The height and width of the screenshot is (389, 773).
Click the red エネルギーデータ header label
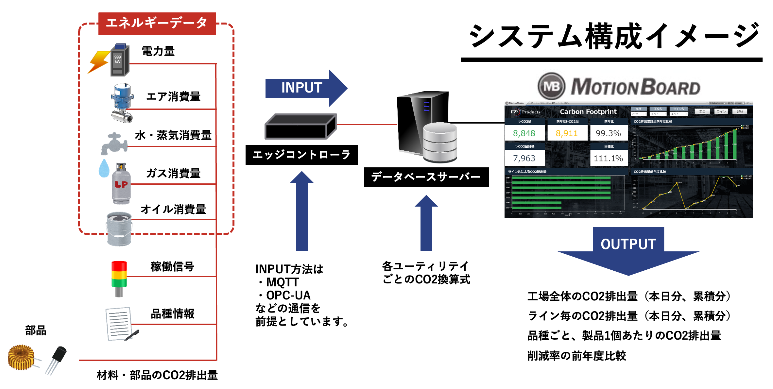pyautogui.click(x=157, y=24)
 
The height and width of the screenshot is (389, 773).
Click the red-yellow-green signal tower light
pyautogui.click(x=119, y=278)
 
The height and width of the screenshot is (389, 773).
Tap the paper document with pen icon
pyautogui.click(x=120, y=324)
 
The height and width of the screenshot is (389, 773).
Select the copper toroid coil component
pyautogui.click(x=22, y=357)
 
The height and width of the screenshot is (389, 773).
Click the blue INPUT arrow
pyautogui.click(x=304, y=88)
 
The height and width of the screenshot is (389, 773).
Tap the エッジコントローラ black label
pyautogui.click(x=301, y=155)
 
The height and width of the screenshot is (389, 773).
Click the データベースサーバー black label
pyautogui.click(x=426, y=177)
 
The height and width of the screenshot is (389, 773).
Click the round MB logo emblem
pyautogui.click(x=551, y=86)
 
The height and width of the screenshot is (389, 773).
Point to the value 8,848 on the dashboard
pyautogui.click(x=524, y=133)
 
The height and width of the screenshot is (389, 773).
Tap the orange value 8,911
pyautogui.click(x=567, y=133)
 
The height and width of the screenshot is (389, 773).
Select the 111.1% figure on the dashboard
pyautogui.click(x=608, y=159)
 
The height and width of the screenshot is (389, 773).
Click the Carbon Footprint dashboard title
pyautogui.click(x=588, y=112)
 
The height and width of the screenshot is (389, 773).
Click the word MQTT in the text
pyautogui.click(x=283, y=282)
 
